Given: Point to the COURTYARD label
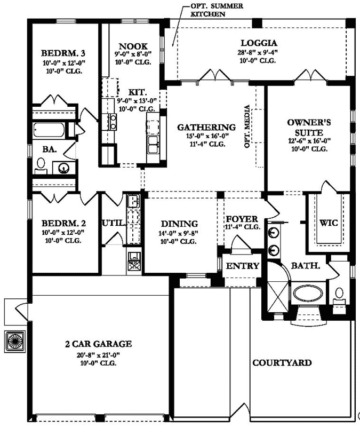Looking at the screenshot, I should click(282, 363).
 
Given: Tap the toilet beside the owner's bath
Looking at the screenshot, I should click(339, 295).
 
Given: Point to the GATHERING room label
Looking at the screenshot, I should click(206, 128).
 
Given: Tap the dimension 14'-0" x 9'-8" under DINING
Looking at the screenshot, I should click(179, 233).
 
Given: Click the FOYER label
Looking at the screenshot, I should click(242, 219).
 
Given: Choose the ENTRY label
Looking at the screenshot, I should click(243, 266).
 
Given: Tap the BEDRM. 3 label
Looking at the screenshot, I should click(63, 54).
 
